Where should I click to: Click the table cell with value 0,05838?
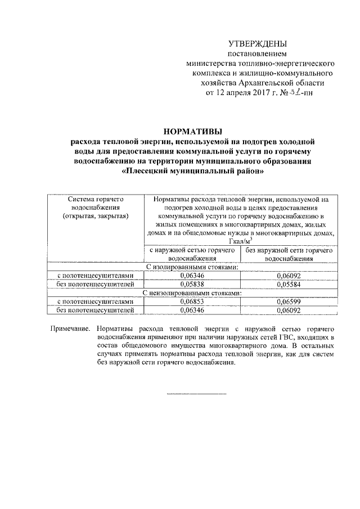click(192, 285)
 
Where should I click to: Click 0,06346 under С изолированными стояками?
click(192, 276)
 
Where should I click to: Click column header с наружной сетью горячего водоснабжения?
click(192, 254)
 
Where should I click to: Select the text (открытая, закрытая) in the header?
click(96, 215)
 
